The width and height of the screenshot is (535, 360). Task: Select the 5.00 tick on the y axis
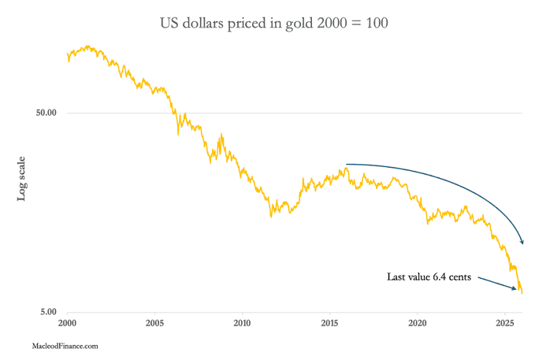click(x=49, y=312)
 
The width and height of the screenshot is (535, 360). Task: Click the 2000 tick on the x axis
click(x=67, y=324)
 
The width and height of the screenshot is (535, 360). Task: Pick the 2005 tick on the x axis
click(x=154, y=324)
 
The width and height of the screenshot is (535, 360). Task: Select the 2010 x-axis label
click(x=242, y=324)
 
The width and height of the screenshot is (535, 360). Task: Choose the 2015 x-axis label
click(x=329, y=324)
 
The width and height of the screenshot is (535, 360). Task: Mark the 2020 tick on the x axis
click(x=418, y=324)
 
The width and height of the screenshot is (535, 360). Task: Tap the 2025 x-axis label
click(x=505, y=324)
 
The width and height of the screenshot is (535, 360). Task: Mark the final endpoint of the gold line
click(x=522, y=293)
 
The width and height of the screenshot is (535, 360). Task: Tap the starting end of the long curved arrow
click(x=347, y=164)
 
